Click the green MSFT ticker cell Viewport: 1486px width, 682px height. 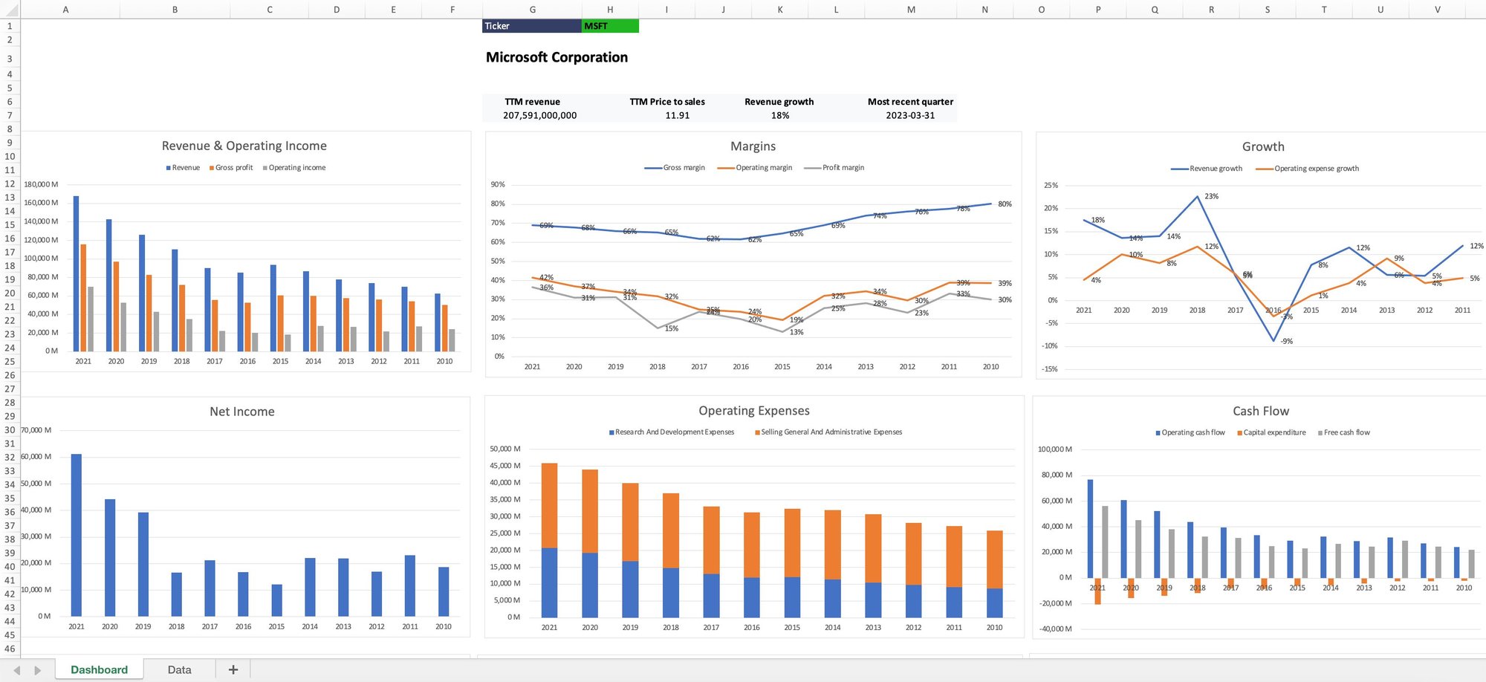609,26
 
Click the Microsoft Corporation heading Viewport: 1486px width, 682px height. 557,57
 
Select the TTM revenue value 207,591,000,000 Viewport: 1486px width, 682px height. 539,115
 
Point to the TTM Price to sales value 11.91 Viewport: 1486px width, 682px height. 677,115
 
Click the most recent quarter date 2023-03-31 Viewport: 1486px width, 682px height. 910,115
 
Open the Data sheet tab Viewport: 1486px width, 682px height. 179,669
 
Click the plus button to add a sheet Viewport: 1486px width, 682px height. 233,669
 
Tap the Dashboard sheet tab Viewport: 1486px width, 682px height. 99,669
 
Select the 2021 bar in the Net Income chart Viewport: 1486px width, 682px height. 77,535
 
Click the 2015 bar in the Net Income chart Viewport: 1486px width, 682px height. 276,600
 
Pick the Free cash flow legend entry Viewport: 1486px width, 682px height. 1346,432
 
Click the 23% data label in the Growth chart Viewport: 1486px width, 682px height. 1211,196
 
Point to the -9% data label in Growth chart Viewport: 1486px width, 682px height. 1286,341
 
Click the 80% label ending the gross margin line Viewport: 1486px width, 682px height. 1005,204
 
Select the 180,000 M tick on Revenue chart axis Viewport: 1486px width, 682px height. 41,184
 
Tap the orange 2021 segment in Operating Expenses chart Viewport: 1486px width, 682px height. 549,505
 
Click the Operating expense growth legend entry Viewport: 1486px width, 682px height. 1316,169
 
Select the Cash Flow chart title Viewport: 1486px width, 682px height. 1260,411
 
